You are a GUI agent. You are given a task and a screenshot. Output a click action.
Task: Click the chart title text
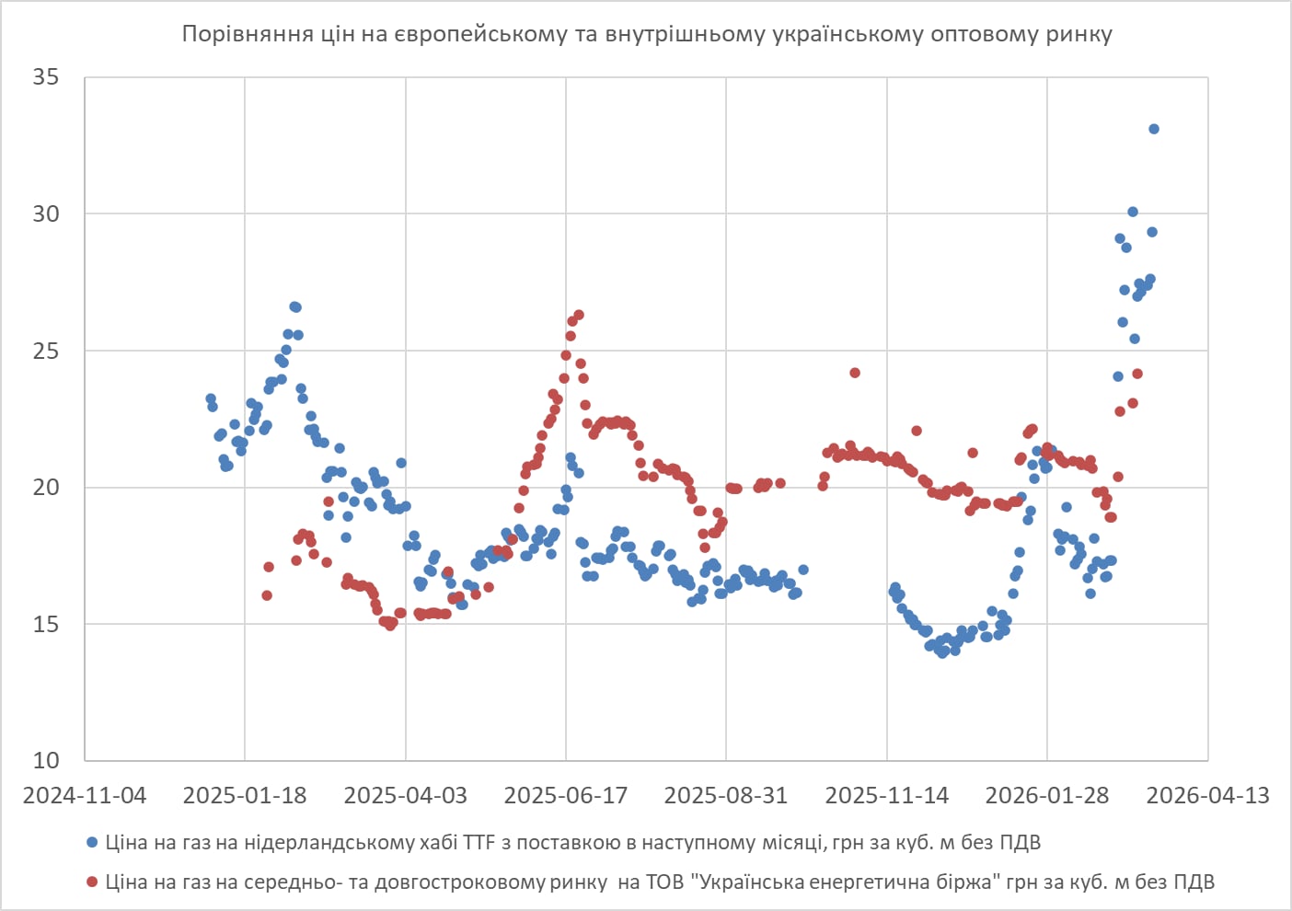pos(646,35)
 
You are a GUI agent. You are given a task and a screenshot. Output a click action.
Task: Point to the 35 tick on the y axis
pos(46,77)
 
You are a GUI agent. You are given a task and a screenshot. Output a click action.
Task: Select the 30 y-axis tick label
pos(46,213)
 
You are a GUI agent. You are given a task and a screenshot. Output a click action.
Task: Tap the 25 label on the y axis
pos(46,351)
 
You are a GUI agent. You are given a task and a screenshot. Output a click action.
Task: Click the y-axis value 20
pos(46,487)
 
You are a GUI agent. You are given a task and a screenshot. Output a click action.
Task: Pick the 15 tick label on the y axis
pos(46,624)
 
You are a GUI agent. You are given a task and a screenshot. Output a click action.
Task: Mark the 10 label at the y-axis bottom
pos(46,760)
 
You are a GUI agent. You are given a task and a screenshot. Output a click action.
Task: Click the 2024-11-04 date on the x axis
pos(85,796)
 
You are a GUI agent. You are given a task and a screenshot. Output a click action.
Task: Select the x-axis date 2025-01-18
pos(245,796)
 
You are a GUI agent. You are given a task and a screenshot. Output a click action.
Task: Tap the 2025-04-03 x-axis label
pos(405,796)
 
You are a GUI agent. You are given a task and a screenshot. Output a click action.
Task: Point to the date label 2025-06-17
pos(566,796)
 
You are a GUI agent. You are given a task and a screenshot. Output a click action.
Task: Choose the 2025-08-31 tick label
pos(726,796)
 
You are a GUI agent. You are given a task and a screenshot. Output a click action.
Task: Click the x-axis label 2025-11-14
pos(886,796)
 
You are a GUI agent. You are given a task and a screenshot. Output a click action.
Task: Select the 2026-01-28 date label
pos(1047,796)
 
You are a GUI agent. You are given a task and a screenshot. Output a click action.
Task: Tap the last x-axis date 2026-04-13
pos(1207,796)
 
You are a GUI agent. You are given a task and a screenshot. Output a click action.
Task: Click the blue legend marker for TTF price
pos(92,843)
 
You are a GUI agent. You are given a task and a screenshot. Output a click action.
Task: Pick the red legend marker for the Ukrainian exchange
pos(92,882)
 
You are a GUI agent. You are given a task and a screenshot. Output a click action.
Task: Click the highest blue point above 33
pos(1154,129)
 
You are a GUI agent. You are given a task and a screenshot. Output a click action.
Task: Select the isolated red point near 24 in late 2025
pos(855,373)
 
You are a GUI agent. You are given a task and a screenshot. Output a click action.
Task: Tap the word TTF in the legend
pos(479,843)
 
